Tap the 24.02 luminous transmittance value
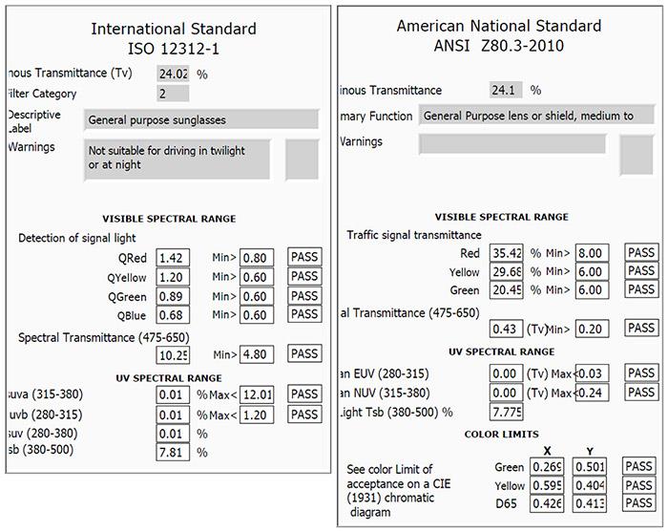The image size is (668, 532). point(173,73)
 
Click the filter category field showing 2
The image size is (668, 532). point(173,94)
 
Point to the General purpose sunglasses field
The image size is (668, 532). point(200,119)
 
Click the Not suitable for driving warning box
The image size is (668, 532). point(177,158)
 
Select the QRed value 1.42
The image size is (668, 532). point(173,258)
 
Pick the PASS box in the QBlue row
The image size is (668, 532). point(304,314)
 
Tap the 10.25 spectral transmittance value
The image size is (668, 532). point(173,354)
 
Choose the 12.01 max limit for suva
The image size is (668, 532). point(257,394)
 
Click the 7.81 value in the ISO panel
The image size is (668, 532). point(173,452)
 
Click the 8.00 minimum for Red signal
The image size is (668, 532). point(593,253)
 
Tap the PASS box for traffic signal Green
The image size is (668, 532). point(641,289)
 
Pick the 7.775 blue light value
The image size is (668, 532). point(506,412)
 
